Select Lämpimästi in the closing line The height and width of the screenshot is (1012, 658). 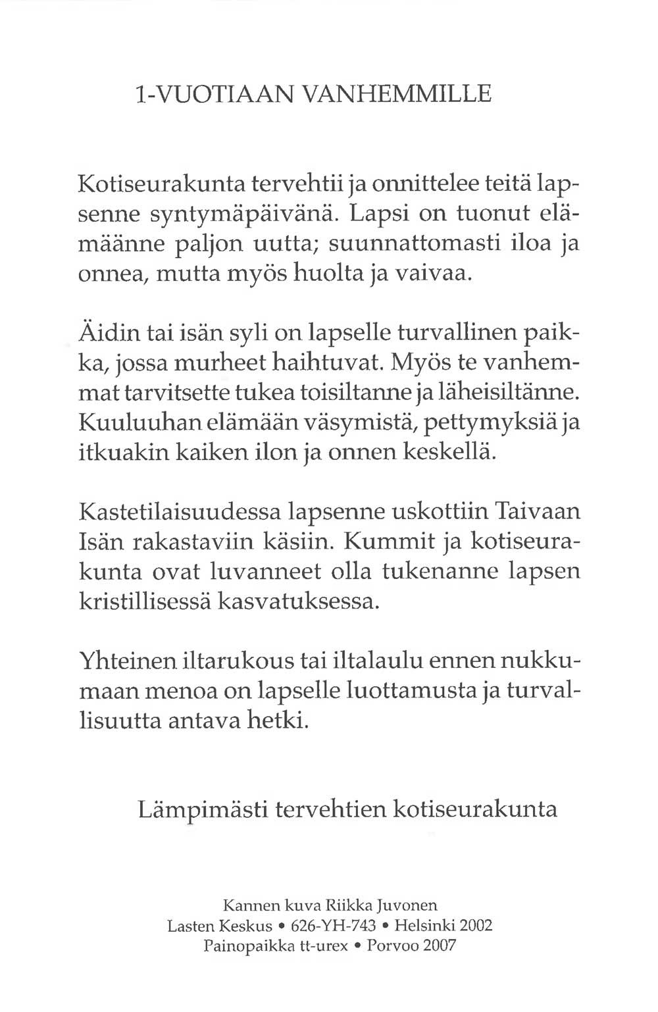coord(201,807)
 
